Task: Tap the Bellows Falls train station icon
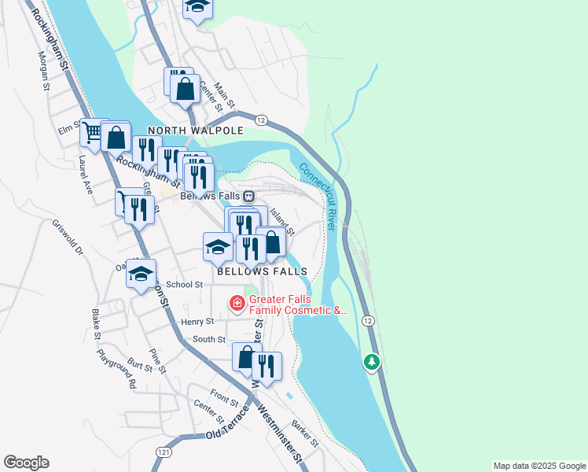coord(248,196)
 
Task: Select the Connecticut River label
coord(318,196)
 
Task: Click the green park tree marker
coord(372,362)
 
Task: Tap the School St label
coord(185,285)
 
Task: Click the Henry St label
coord(197,322)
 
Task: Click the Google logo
coord(26,463)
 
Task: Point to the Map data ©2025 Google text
coord(538,466)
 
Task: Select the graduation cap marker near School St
coord(141,275)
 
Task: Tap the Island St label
coord(281,221)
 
